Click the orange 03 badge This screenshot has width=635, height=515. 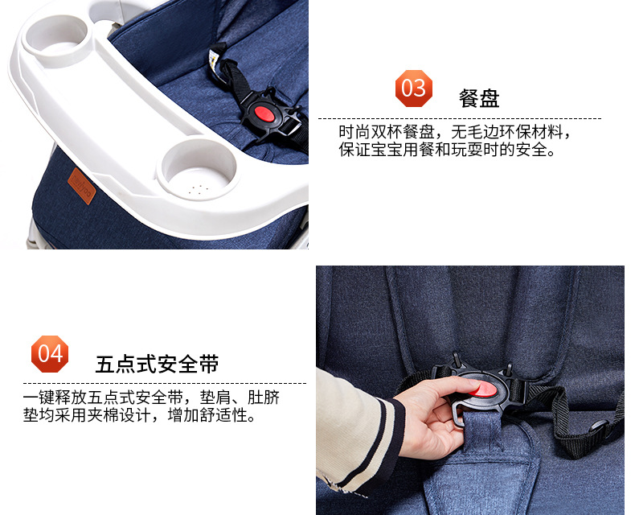pyautogui.click(x=413, y=89)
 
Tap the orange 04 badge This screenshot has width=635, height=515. pyautogui.click(x=50, y=353)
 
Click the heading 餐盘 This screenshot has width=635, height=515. pyautogui.click(x=479, y=98)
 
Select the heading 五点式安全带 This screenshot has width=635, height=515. pyautogui.click(x=157, y=364)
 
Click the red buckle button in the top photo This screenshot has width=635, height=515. pyautogui.click(x=264, y=113)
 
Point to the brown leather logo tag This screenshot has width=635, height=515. pyautogui.click(x=81, y=186)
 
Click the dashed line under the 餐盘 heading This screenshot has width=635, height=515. pyautogui.click(x=460, y=119)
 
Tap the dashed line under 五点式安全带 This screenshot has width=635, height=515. pyautogui.click(x=165, y=383)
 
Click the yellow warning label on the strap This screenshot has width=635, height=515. pyautogui.click(x=215, y=58)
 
